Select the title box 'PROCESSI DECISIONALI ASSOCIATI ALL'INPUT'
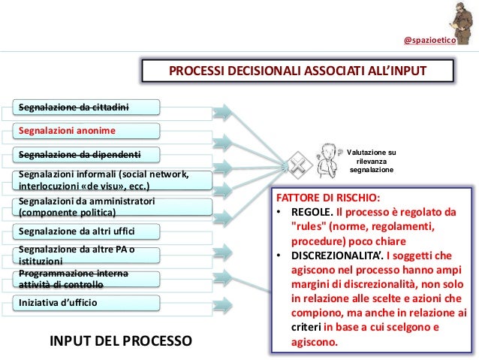click(x=297, y=71)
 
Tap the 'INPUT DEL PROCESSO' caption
click(x=121, y=340)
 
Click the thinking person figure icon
click(x=325, y=157)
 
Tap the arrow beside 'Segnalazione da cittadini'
click(x=224, y=107)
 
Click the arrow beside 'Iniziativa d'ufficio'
click(x=224, y=303)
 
